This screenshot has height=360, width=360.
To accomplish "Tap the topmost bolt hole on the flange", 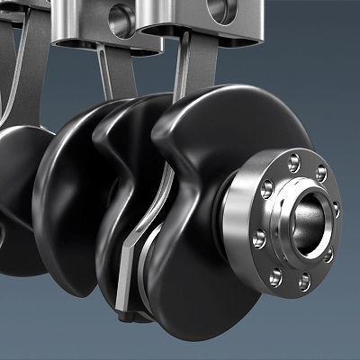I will click(x=293, y=162).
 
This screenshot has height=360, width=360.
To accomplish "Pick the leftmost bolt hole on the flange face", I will click(x=259, y=239).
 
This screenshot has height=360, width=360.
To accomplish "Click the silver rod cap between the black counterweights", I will click(x=134, y=243).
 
